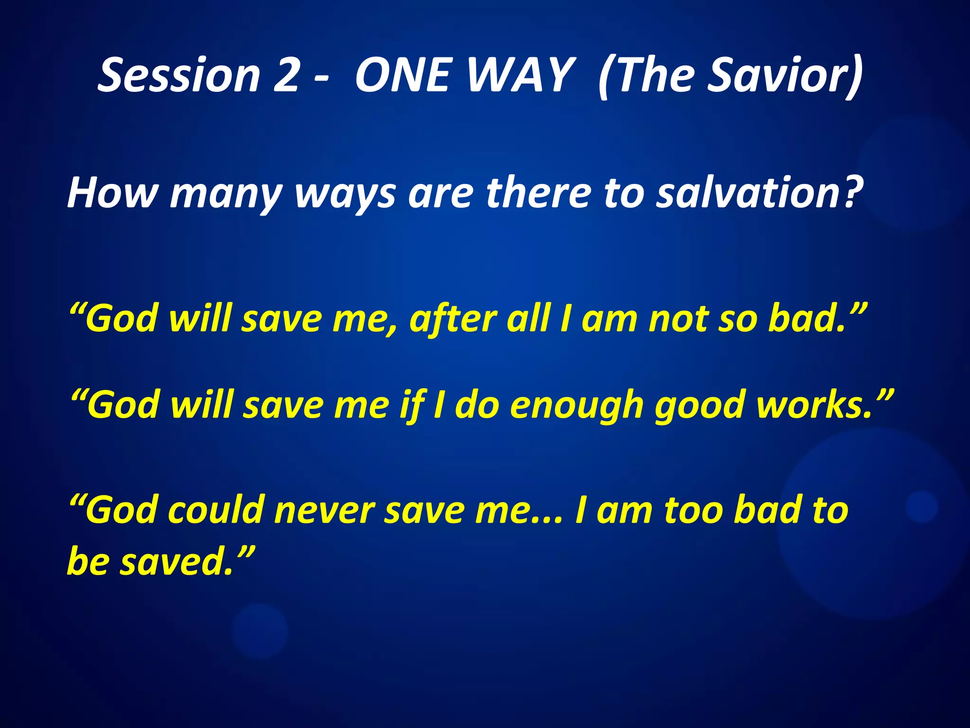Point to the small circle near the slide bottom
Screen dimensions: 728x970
[x=260, y=630]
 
